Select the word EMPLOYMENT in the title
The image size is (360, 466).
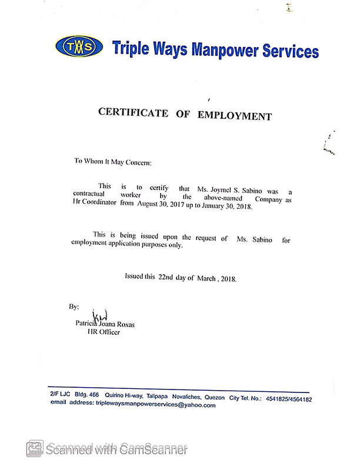(235, 115)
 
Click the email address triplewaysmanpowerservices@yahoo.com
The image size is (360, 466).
(155, 405)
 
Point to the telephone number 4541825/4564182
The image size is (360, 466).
(288, 399)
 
